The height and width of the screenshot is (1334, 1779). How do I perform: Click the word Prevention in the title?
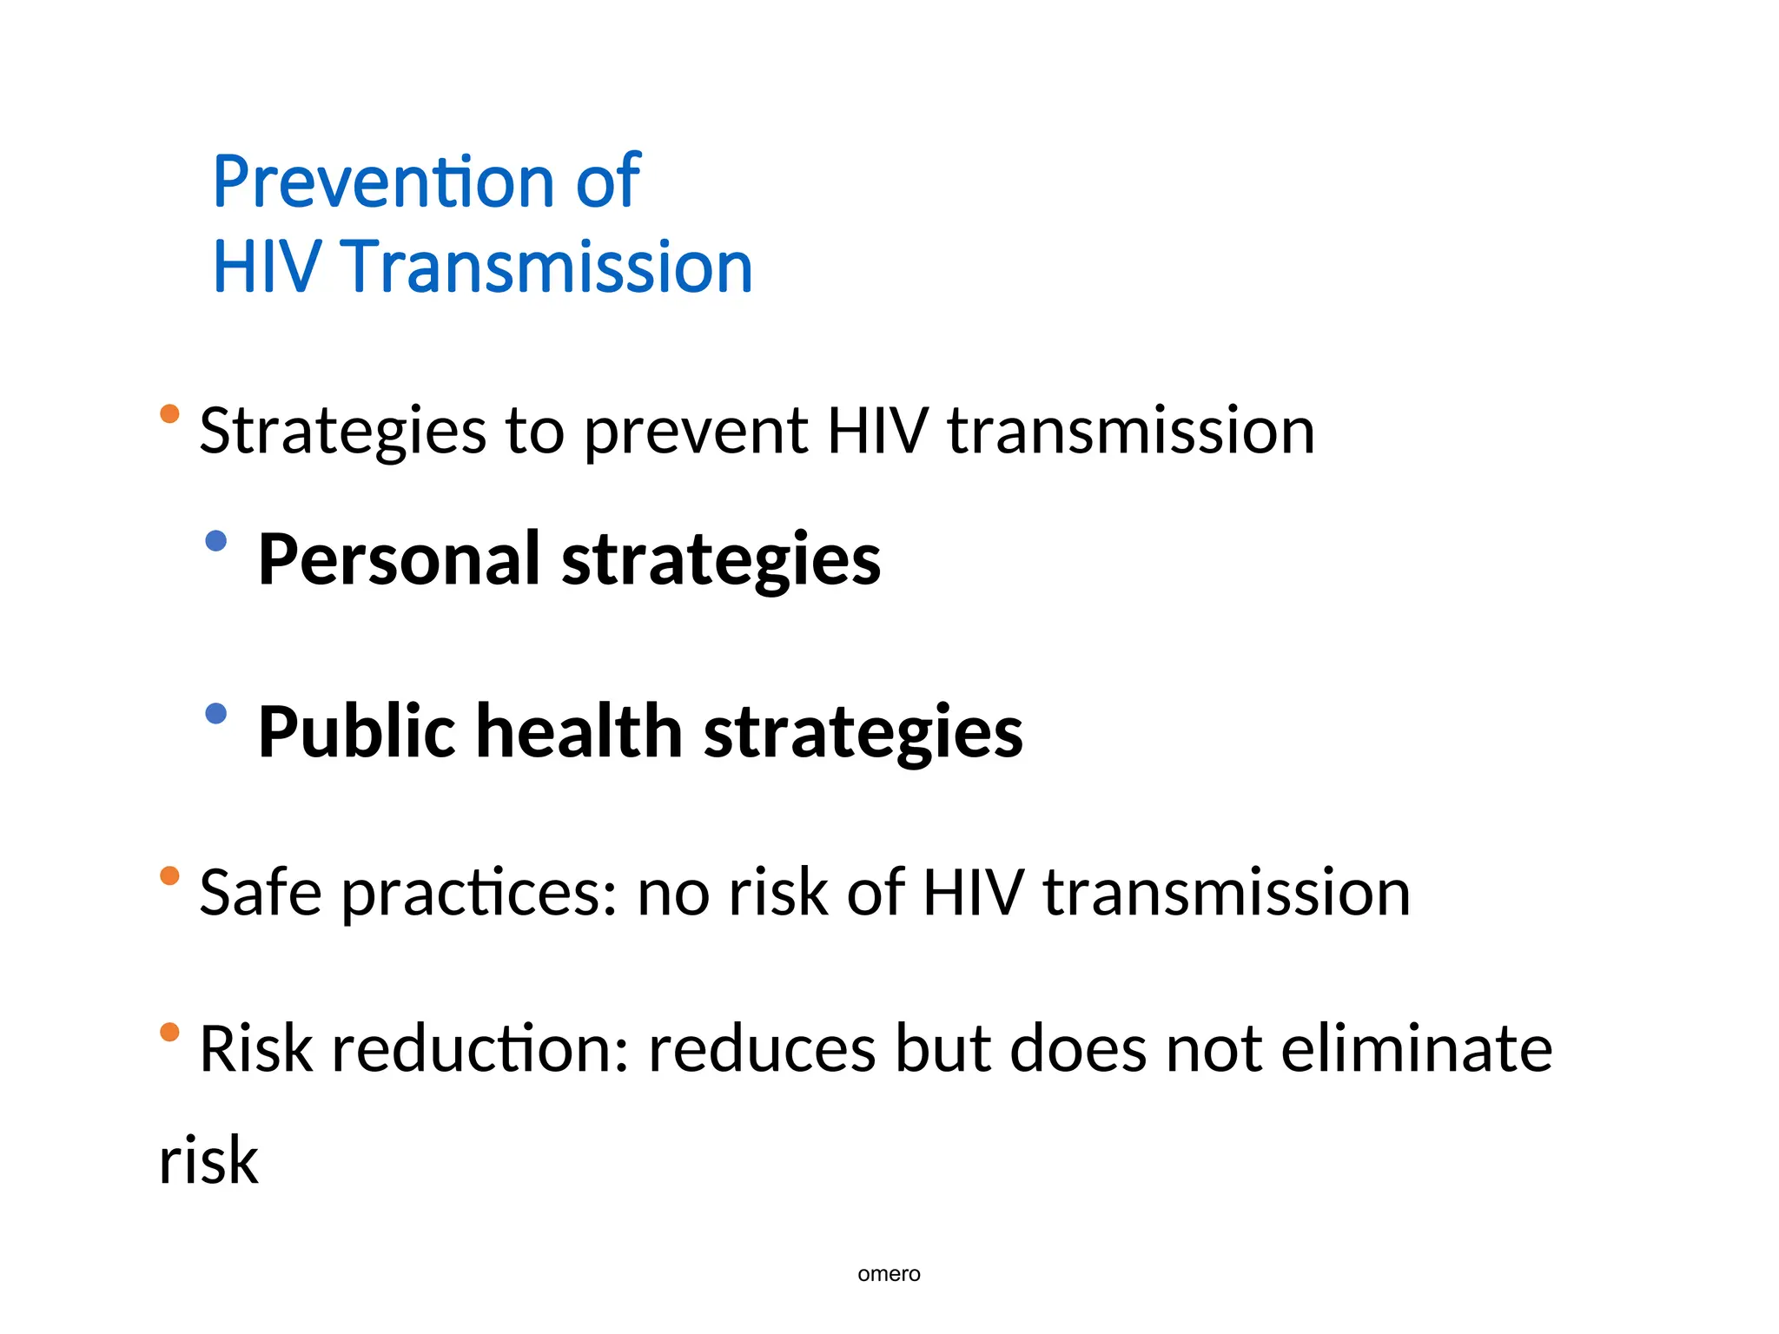pyautogui.click(x=383, y=182)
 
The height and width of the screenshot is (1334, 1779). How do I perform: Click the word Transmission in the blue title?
pyautogui.click(x=546, y=267)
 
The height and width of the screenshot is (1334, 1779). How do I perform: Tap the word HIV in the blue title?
pyautogui.click(x=267, y=267)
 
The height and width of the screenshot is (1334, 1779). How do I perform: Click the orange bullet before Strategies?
pyautogui.click(x=169, y=413)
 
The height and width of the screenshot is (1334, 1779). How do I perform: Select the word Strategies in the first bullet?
pyautogui.click(x=342, y=431)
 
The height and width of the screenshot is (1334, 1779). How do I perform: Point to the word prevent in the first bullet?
pyautogui.click(x=696, y=431)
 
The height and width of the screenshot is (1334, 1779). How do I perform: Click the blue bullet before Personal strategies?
pyautogui.click(x=215, y=541)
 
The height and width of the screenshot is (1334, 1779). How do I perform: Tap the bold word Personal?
pyautogui.click(x=400, y=559)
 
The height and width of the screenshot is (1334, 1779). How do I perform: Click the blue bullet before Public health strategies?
pyautogui.click(x=215, y=714)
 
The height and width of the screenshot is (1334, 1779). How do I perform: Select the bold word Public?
pyautogui.click(x=357, y=731)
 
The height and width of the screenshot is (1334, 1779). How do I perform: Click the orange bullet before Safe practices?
pyautogui.click(x=169, y=875)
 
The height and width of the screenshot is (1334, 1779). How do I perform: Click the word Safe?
pyautogui.click(x=261, y=893)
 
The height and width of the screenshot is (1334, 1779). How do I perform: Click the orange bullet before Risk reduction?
pyautogui.click(x=169, y=1032)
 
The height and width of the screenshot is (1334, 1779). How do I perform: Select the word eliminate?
pyautogui.click(x=1416, y=1049)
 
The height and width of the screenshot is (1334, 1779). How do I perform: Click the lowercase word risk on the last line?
pyautogui.click(x=208, y=1161)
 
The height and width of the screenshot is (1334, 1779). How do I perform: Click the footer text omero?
pyautogui.click(x=889, y=1274)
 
